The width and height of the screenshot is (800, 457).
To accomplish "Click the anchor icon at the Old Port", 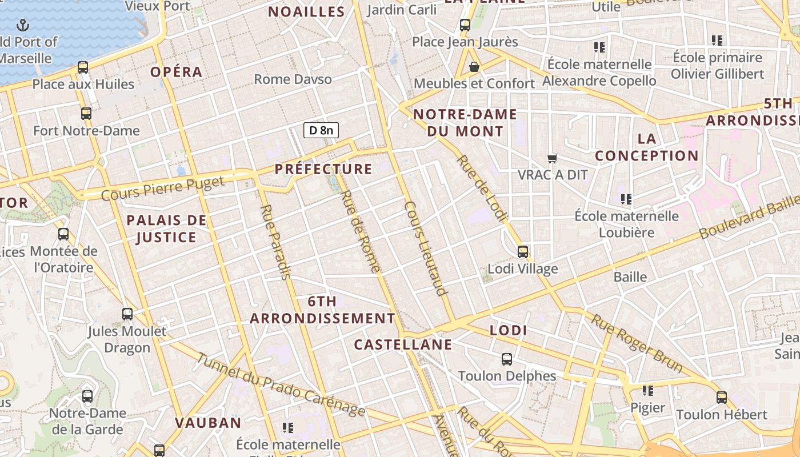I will click(23, 25).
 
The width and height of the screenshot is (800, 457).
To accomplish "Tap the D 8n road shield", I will click(321, 130).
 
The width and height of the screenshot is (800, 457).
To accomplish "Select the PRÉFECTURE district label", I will click(323, 169).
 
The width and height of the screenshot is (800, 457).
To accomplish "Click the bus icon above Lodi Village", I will click(522, 251).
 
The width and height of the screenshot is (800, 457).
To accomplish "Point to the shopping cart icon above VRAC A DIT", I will click(552, 158).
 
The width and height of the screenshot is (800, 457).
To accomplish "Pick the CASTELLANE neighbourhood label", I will click(403, 344).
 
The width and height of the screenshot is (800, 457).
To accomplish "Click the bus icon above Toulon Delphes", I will click(507, 359).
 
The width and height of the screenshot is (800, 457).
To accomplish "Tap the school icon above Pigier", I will click(647, 391).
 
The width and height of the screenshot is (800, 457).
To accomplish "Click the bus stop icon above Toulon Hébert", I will click(722, 397).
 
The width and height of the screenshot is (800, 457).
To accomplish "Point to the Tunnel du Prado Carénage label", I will click(281, 385).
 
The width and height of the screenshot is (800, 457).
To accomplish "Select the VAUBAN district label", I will click(208, 423).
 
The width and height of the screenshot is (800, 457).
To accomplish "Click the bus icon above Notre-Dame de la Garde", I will click(87, 396).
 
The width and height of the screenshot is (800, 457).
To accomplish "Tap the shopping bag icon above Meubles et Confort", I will click(474, 67).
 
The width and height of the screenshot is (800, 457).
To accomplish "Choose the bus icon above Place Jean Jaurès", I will click(465, 25).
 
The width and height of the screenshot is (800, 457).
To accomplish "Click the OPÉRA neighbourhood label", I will click(177, 72).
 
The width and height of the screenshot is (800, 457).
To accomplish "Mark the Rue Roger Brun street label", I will click(637, 343).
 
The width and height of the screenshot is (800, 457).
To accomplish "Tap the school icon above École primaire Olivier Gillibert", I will click(717, 41).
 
